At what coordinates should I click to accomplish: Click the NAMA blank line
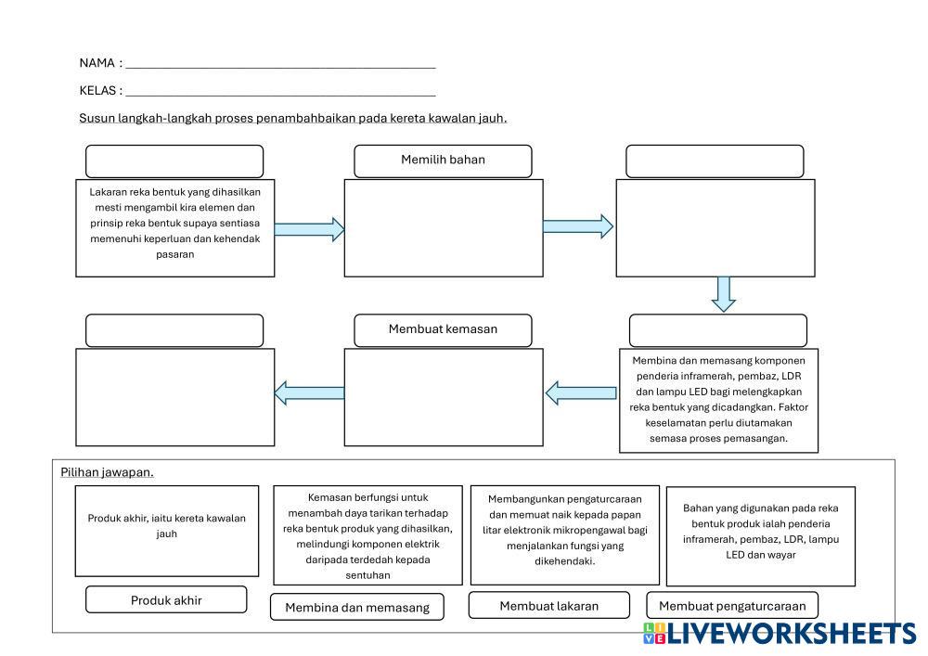pos(280,65)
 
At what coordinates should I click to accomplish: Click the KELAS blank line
pos(280,92)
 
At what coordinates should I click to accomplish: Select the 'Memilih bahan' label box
pos(443,161)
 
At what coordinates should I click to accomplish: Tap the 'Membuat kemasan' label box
pos(443,329)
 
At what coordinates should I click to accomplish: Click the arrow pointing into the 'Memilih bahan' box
pos(309,228)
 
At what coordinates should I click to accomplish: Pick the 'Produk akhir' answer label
pos(166,599)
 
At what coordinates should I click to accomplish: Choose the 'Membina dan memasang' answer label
pos(357,608)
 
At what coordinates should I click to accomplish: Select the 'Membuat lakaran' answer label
pos(548,606)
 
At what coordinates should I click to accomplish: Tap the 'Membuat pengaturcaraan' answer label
pos(732,606)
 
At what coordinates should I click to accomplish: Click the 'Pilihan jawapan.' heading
pos(107,472)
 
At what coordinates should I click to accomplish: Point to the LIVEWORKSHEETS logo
pos(779,634)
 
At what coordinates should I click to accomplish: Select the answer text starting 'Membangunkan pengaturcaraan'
pos(565,530)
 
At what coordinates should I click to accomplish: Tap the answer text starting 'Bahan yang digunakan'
pos(760,532)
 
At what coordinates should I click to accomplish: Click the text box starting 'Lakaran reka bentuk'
pos(175,227)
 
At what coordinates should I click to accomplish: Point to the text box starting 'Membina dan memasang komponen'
pos(718,400)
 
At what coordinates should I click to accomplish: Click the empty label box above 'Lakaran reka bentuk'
pos(174,161)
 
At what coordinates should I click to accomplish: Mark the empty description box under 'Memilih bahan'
pos(443,227)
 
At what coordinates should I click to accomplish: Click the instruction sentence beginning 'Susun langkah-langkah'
pos(293,118)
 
